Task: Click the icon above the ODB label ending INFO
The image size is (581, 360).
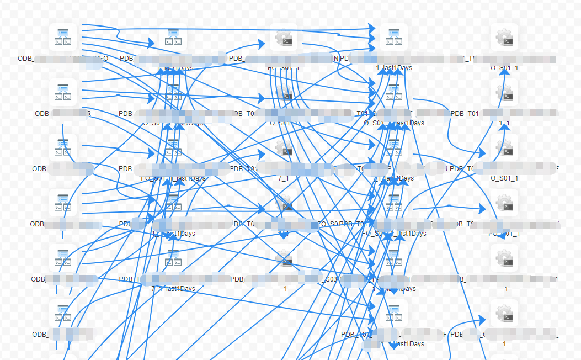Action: (x=62, y=38)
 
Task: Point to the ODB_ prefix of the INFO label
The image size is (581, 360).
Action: (x=25, y=58)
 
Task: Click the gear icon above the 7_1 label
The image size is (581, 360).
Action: (x=284, y=148)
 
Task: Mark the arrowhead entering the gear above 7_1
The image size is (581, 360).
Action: (x=262, y=154)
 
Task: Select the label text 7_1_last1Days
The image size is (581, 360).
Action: (x=173, y=289)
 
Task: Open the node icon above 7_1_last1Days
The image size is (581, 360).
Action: (x=173, y=258)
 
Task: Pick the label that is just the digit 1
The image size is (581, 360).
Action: (x=504, y=343)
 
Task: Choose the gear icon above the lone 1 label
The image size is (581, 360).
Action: (x=504, y=314)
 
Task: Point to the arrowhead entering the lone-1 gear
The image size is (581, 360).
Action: (x=482, y=320)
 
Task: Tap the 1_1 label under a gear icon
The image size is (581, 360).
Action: (x=504, y=123)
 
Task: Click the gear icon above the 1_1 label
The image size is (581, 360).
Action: (x=504, y=93)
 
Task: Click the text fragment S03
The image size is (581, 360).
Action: (x=331, y=279)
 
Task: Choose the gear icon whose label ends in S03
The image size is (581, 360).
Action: (x=284, y=258)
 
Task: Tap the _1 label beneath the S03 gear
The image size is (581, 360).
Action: (x=283, y=289)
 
